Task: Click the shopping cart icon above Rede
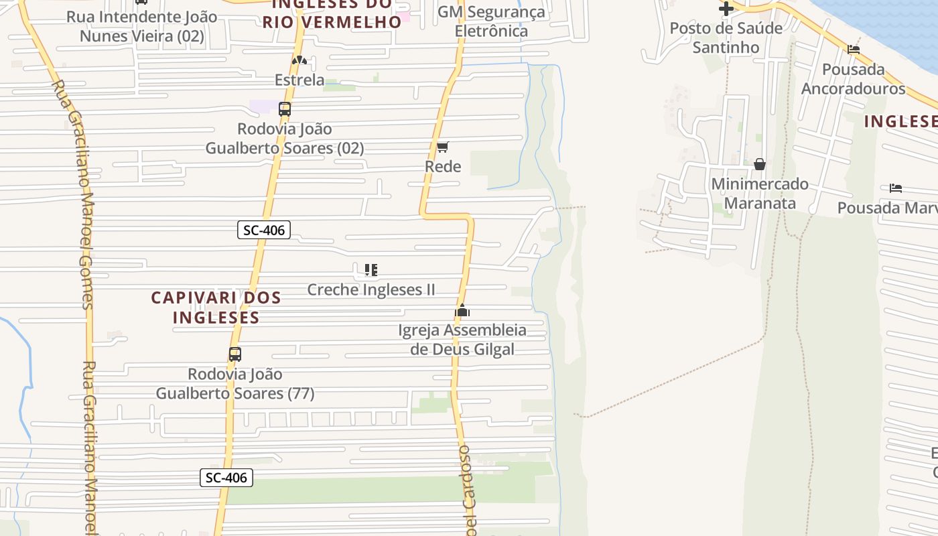442,147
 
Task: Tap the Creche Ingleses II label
371,289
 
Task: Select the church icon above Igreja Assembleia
462,311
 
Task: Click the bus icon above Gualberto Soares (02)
285,109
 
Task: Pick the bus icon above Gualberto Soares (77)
235,354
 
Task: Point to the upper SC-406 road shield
264,230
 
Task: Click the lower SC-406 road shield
226,478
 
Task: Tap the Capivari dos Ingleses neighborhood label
216,308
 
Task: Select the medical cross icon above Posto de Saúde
726,9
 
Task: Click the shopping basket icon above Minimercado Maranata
760,164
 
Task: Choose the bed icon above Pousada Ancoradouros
854,50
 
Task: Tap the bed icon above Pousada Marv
896,188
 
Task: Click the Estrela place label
299,80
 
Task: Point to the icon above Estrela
299,61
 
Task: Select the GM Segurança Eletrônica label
491,21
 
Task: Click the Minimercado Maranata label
760,194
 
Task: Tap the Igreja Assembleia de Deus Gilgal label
462,340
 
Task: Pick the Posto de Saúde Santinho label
726,38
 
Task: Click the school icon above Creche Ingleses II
371,270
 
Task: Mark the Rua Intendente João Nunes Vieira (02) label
142,26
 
